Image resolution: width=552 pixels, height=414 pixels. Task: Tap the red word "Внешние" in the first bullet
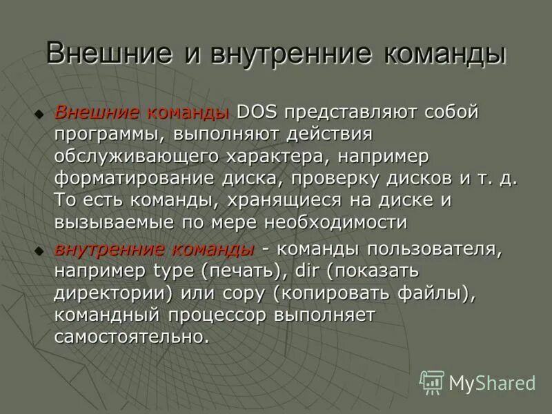click(95, 112)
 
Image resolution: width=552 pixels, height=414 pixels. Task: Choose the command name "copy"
click(244, 293)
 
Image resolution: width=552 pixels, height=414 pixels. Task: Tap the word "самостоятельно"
click(130, 337)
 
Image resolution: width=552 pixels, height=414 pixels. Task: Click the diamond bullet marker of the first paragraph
click(40, 112)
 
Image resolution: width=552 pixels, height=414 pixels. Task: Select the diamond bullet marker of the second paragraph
click(40, 249)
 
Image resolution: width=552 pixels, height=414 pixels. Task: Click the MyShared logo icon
click(432, 382)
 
